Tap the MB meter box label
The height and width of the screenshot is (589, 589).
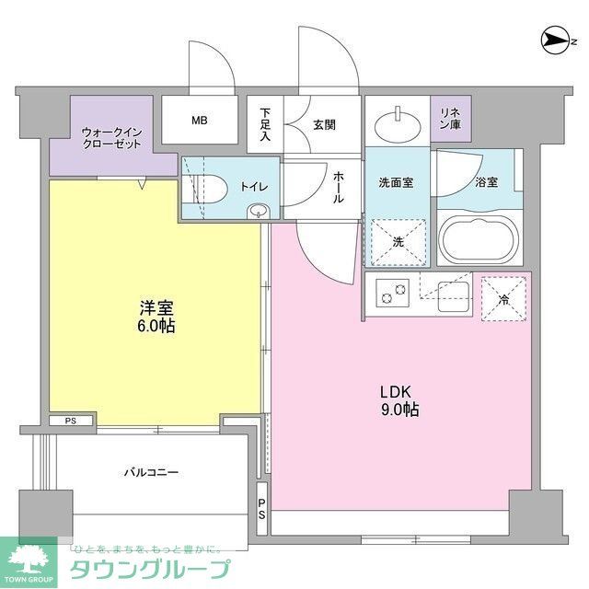tap(200, 121)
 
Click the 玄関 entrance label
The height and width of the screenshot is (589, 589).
tap(323, 124)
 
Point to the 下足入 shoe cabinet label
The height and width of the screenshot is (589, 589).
tap(265, 123)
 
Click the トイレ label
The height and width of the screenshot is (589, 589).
tap(254, 187)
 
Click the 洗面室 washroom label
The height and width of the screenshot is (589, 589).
tap(395, 182)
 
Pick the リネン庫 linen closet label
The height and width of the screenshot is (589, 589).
tap(450, 118)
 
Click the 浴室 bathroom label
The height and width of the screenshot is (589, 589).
tap(487, 182)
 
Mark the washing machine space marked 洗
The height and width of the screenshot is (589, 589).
tap(398, 241)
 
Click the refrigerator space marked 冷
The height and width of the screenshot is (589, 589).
tap(502, 298)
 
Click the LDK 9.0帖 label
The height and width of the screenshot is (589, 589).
tap(398, 398)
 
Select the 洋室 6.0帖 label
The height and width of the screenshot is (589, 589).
tap(157, 318)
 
